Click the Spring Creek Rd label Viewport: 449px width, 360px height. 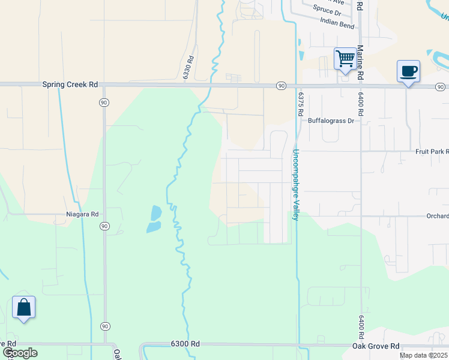click(70, 85)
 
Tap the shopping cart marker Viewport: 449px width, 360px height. click(345, 59)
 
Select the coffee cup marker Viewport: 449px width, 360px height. click(408, 71)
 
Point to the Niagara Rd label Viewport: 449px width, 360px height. click(82, 214)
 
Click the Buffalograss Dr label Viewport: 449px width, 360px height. click(331, 121)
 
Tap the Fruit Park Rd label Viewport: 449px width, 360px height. click(432, 152)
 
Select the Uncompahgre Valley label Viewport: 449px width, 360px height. click(296, 184)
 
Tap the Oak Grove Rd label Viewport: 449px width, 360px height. click(376, 346)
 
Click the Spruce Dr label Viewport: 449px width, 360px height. click(327, 10)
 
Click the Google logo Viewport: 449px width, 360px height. click(19, 352)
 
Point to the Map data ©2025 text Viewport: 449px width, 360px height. click(423, 355)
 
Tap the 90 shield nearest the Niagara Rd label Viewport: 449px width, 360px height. click(104, 226)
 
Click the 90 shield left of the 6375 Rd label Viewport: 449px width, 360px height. click(281, 86)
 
